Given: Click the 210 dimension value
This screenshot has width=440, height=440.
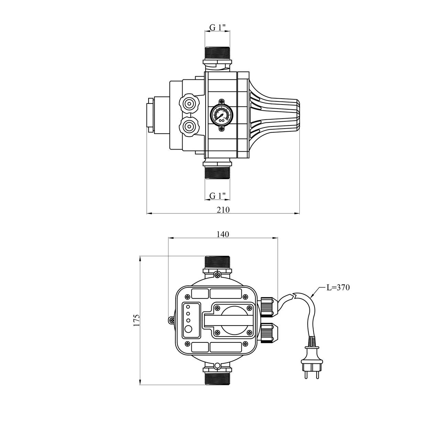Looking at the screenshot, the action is [x=223, y=210].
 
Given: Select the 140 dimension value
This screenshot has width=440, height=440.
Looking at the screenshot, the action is [x=223, y=234].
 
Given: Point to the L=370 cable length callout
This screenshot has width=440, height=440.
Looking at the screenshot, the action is [x=338, y=287].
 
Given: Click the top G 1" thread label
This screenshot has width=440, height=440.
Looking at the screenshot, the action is [x=217, y=27].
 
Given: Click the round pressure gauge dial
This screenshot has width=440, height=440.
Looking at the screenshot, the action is [x=221, y=115].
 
